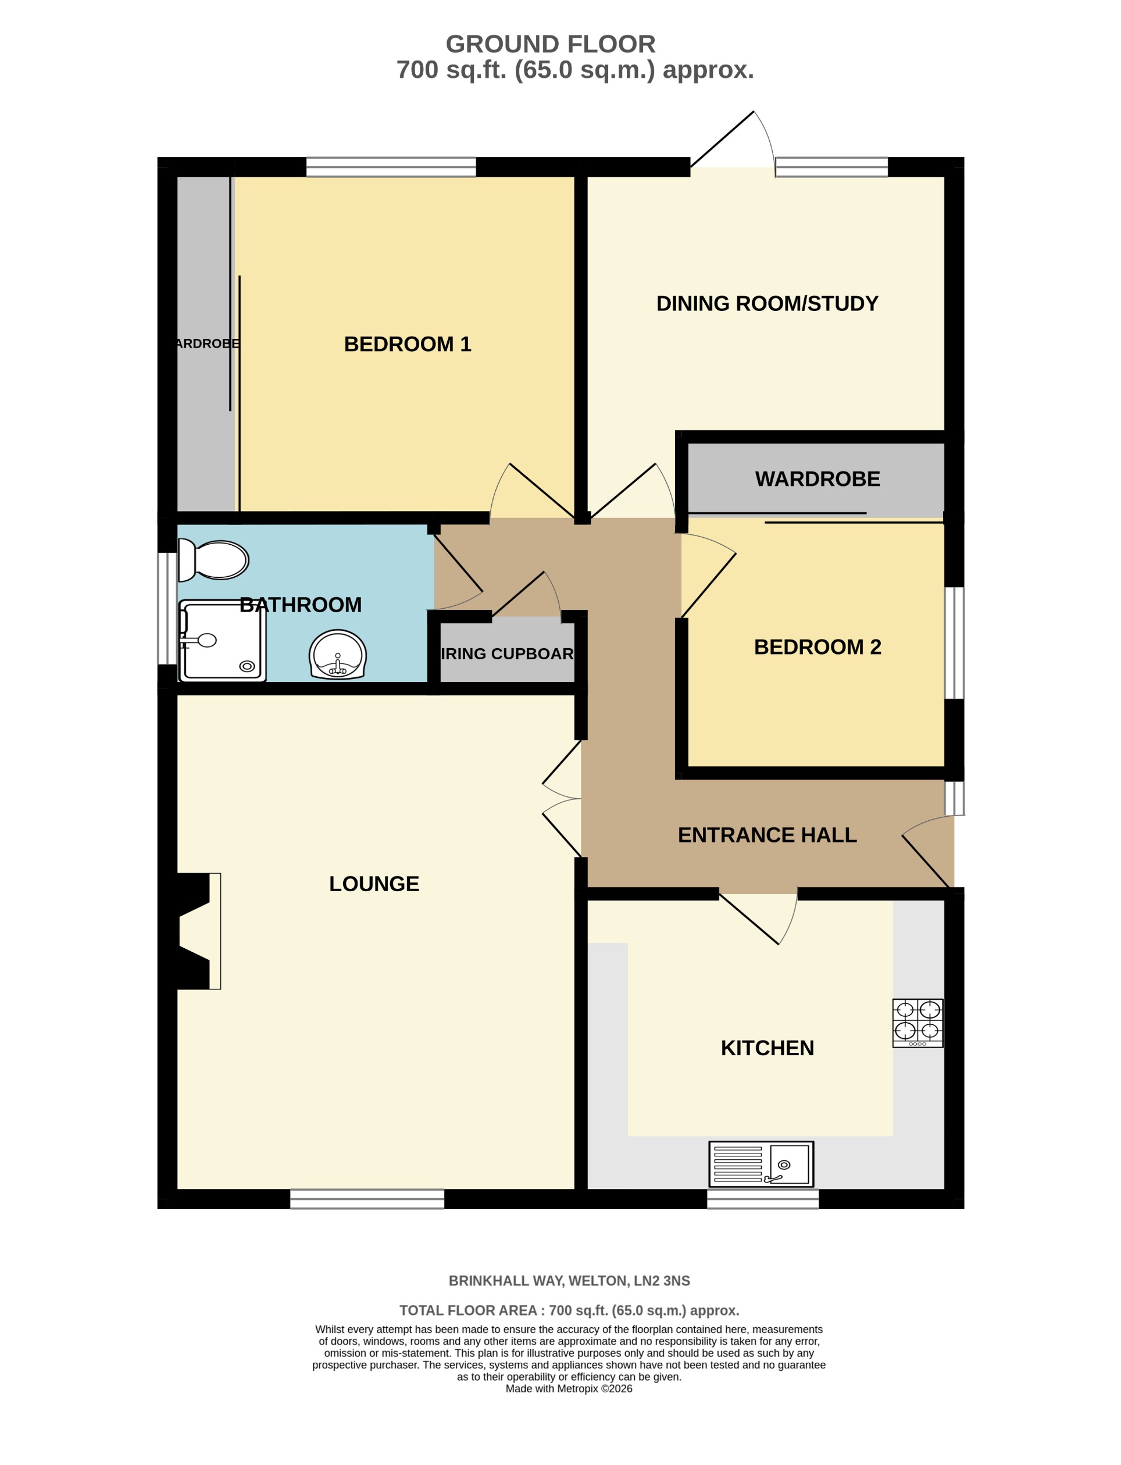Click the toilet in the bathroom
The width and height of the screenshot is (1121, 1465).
click(x=215, y=560)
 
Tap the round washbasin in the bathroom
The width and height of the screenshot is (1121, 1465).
click(x=338, y=655)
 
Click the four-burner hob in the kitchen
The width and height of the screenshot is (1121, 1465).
click(x=917, y=1023)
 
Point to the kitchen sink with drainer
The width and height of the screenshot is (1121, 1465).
click(x=761, y=1164)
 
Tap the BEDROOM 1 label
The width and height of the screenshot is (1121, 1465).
click(x=407, y=344)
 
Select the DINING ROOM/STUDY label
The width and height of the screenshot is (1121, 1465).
click(x=767, y=303)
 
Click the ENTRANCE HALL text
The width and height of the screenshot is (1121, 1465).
click(x=767, y=835)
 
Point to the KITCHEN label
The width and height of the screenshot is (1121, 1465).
click(x=767, y=1048)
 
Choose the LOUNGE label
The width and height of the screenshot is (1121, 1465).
click(x=374, y=884)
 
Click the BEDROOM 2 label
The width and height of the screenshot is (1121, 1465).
click(x=817, y=647)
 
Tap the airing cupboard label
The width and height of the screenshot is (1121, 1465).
click(x=507, y=654)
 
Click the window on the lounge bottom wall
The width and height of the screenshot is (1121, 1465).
click(x=367, y=1199)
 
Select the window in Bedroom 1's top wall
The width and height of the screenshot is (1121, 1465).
click(x=391, y=167)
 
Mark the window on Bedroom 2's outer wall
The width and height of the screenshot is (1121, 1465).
click(x=954, y=643)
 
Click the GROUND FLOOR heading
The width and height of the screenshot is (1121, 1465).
click(x=551, y=45)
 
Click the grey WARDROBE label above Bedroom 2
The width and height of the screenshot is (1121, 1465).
click(x=817, y=479)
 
